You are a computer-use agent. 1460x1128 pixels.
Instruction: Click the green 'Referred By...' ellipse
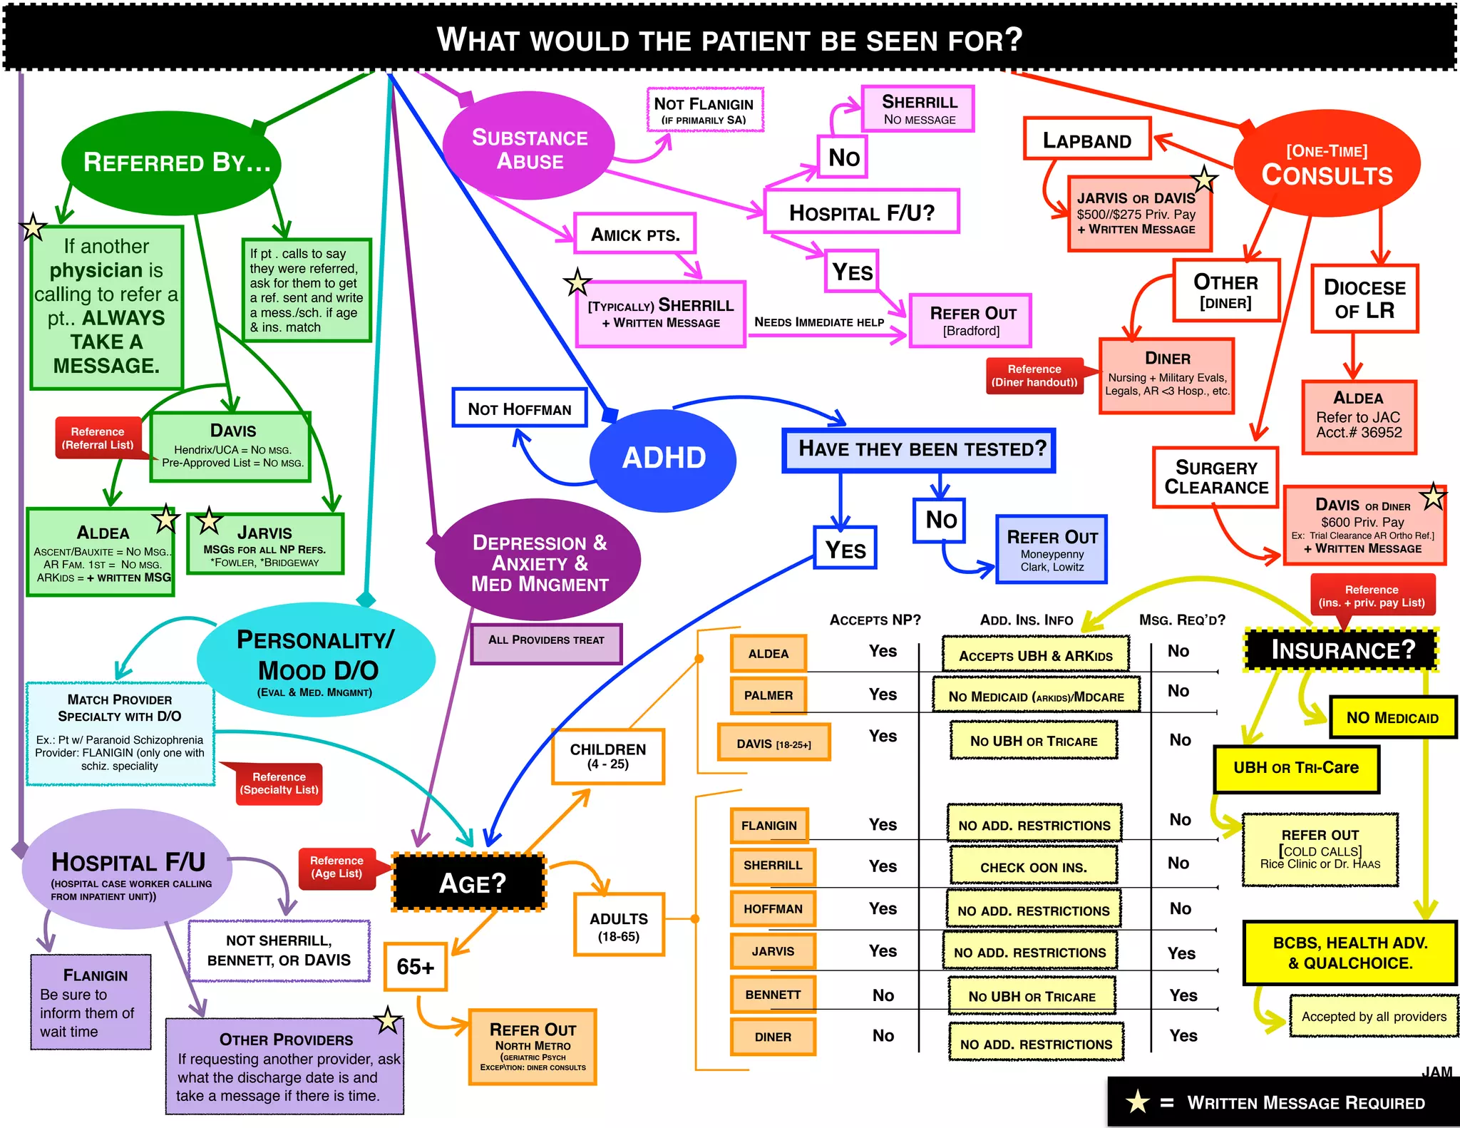point(172,163)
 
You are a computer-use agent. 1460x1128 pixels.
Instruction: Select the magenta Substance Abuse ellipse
point(529,148)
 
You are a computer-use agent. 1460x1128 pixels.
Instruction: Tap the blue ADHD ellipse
point(664,458)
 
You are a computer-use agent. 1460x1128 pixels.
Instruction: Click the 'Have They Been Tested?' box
point(919,449)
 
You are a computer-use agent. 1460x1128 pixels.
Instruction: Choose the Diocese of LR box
point(1364,299)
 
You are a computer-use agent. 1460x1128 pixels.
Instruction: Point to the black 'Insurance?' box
point(1342,650)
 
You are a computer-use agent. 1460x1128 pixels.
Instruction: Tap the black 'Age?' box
point(471,883)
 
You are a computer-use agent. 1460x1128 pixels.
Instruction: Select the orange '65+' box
point(416,967)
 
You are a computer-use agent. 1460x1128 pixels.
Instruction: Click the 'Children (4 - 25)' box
point(607,757)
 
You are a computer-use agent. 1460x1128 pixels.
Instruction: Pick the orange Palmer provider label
point(768,695)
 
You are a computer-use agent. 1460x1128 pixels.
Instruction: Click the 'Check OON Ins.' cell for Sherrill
point(1033,867)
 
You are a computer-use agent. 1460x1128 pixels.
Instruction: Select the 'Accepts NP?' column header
point(875,620)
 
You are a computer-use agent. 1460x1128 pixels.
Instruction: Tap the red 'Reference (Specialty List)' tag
point(279,784)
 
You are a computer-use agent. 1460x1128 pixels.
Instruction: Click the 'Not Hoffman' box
point(519,409)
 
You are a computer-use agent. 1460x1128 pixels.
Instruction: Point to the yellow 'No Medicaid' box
point(1392,717)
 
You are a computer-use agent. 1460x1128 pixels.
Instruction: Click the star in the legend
point(1137,1102)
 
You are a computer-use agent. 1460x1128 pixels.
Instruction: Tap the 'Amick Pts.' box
point(634,234)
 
